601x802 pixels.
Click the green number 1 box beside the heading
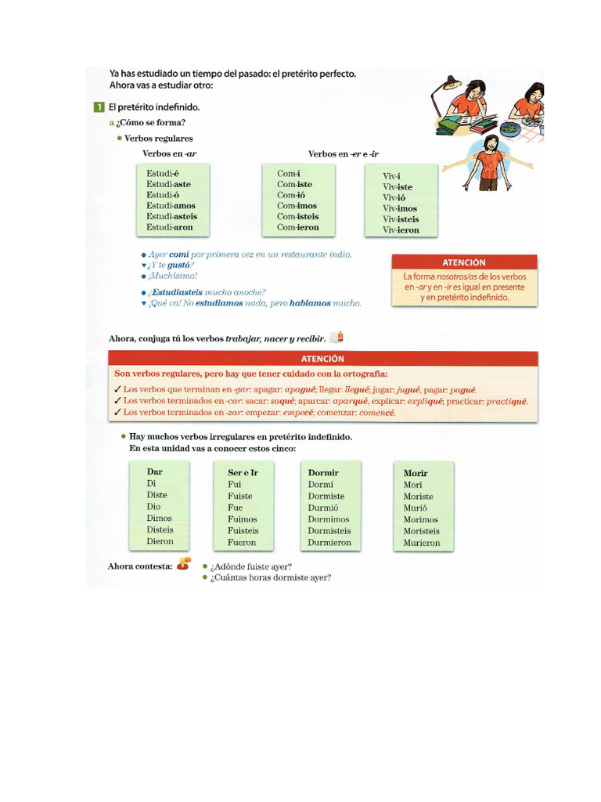coord(98,107)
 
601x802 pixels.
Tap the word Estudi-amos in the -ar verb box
coord(171,206)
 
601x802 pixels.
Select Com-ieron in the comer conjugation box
coord(298,227)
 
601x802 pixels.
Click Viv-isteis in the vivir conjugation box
coord(401,219)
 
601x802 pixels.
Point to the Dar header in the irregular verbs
coord(155,472)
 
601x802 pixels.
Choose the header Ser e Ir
coord(243,473)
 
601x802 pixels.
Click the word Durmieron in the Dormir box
coord(329,542)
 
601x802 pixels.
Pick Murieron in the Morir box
coord(422,543)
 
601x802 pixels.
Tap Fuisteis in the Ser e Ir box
coord(243,530)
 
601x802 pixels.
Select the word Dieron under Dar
coord(160,541)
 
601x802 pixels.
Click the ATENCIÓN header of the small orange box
coord(463,262)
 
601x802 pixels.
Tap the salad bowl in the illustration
coord(510,128)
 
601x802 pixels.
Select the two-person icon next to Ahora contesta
coord(183,565)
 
